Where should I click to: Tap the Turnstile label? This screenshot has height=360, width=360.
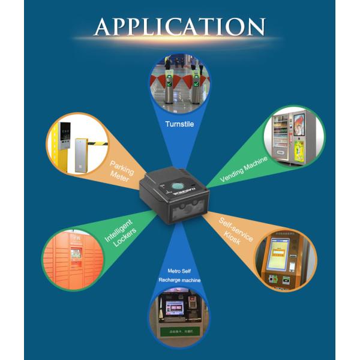(x=179, y=125)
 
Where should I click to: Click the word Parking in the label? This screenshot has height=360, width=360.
(x=121, y=166)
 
